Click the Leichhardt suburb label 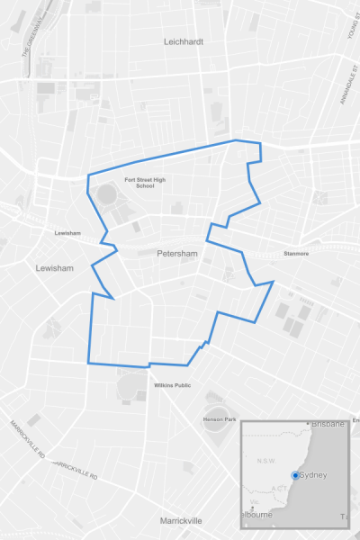(184, 41)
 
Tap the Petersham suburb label (176, 254)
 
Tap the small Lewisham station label (67, 233)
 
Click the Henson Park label (219, 419)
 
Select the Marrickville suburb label (181, 521)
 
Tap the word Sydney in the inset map (312, 474)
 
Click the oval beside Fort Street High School (108, 195)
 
